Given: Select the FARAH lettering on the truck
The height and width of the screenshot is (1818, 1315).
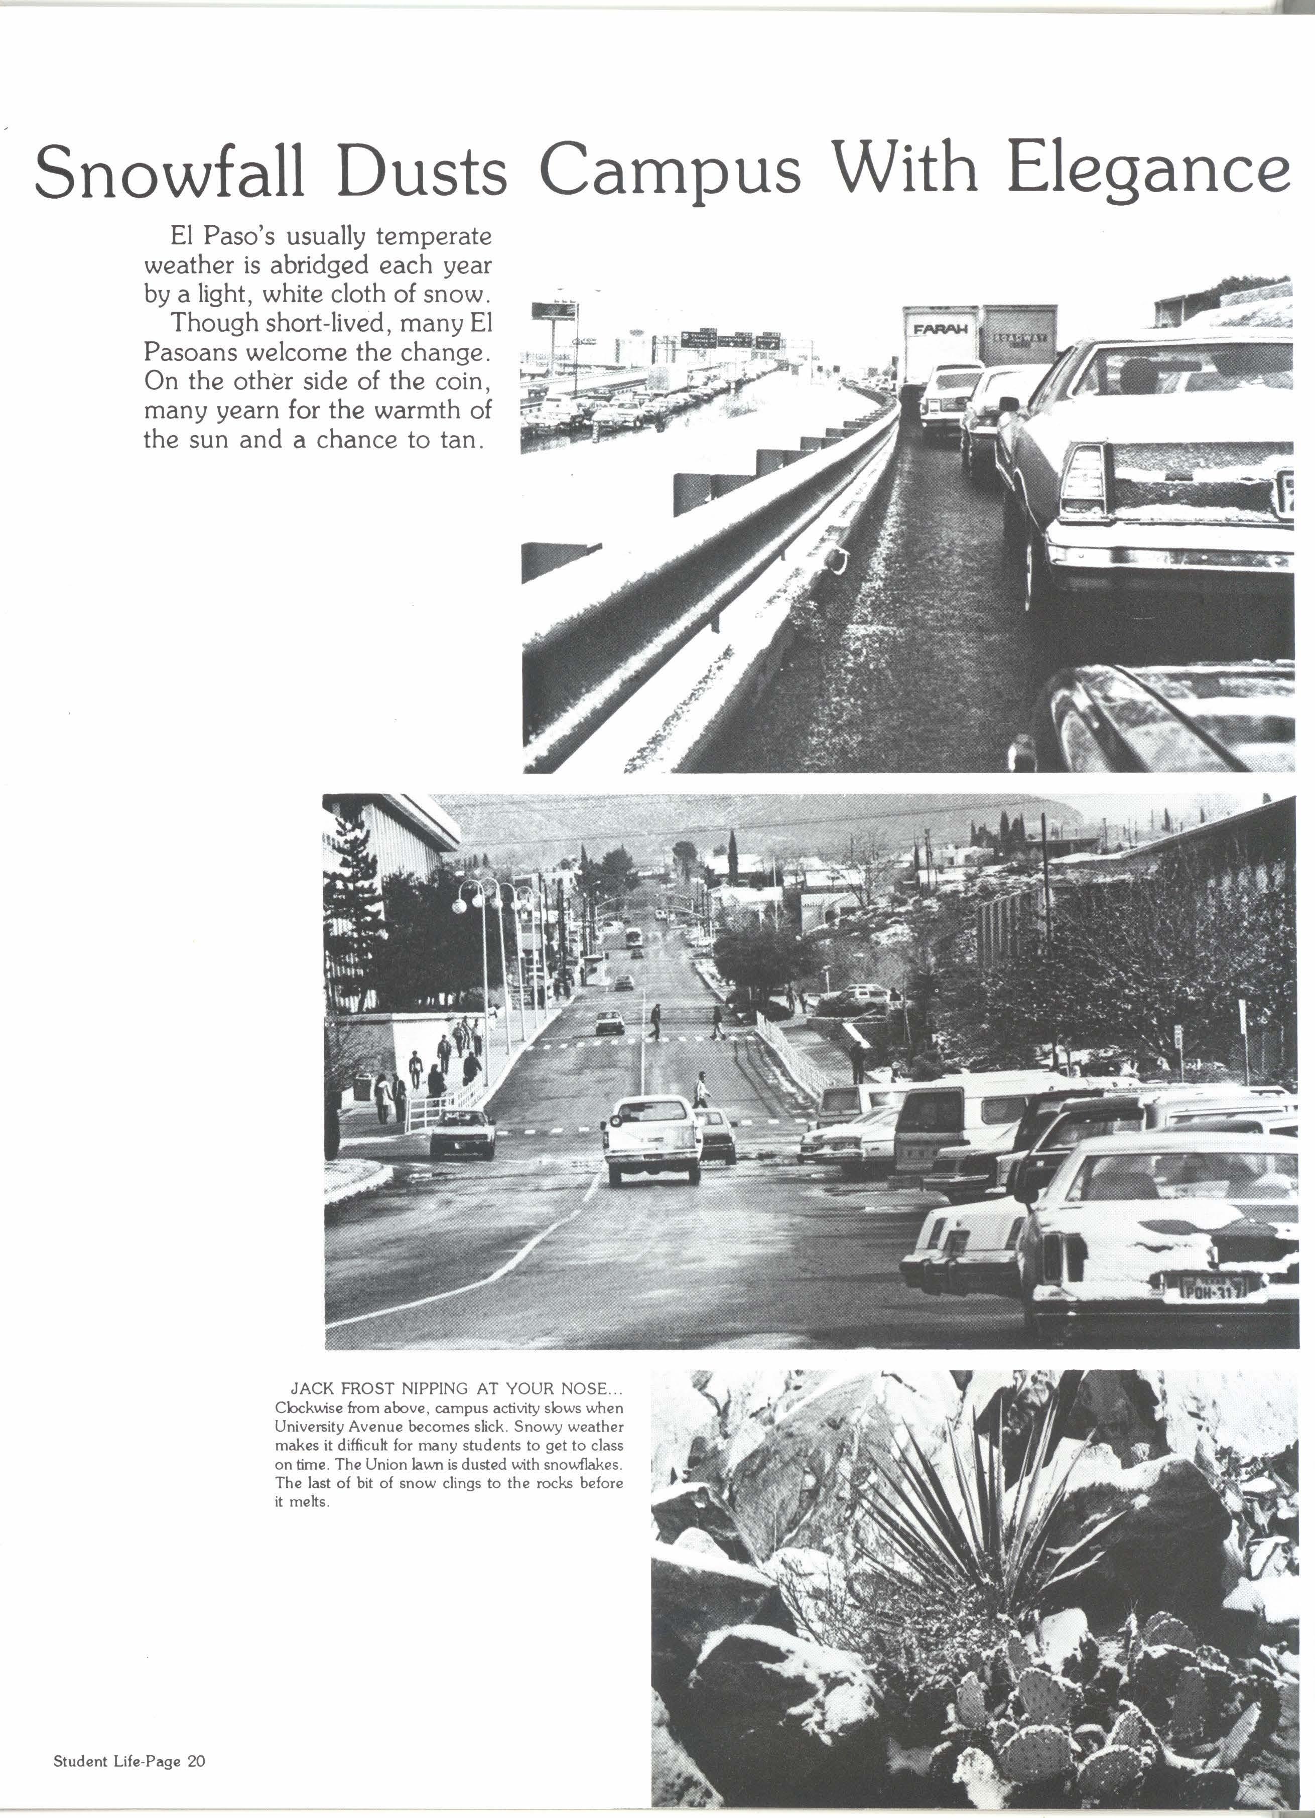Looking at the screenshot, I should (x=940, y=329).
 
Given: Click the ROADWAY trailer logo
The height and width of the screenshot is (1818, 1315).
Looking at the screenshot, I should (x=1019, y=338).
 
